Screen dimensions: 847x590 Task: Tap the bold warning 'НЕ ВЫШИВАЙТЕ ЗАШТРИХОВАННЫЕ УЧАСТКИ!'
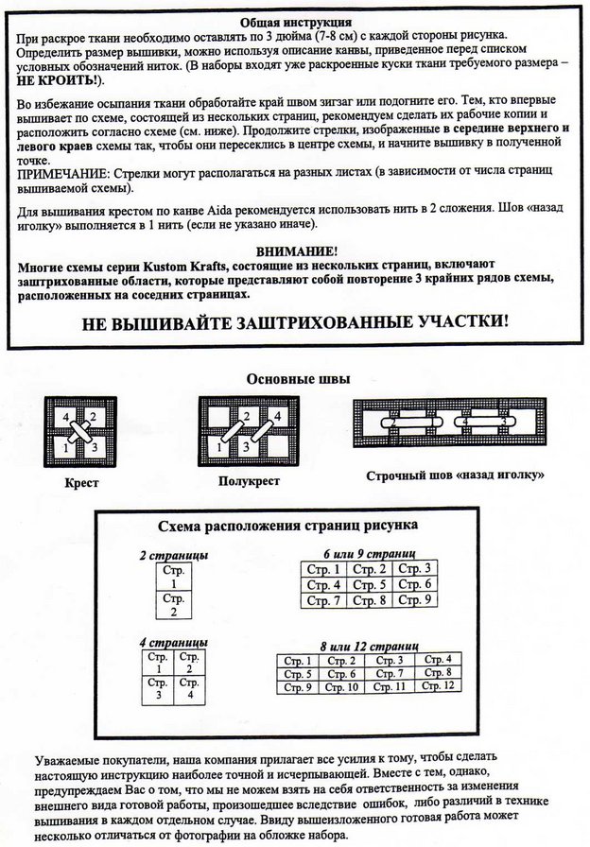click(295, 320)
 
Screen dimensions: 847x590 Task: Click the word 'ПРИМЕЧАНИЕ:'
click(60, 174)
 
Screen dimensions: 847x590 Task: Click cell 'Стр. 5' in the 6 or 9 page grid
click(370, 584)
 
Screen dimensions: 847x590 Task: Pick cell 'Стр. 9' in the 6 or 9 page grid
click(414, 600)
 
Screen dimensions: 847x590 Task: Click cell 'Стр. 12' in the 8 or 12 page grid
click(436, 685)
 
